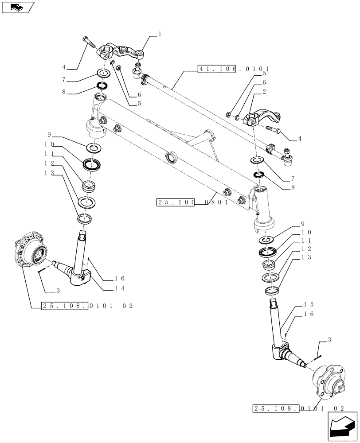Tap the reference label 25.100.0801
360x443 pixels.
(x=192, y=202)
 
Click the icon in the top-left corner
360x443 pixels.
(x=18, y=7)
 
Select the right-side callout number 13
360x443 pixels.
(x=306, y=257)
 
